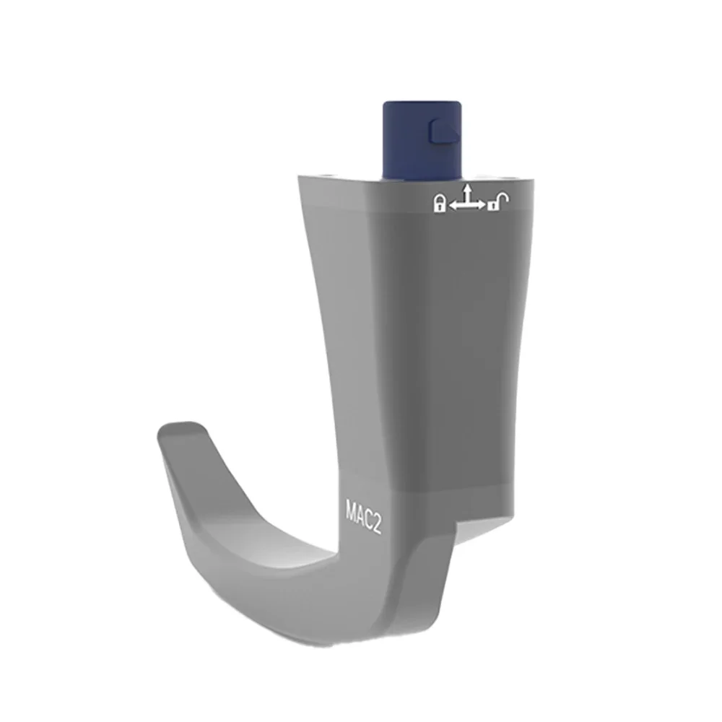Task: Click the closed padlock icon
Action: click(x=438, y=204)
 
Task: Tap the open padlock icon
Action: click(x=497, y=203)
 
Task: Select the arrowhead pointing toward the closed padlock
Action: click(x=453, y=206)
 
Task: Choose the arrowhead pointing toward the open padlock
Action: click(x=482, y=206)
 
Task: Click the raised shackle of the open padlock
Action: click(x=501, y=197)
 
